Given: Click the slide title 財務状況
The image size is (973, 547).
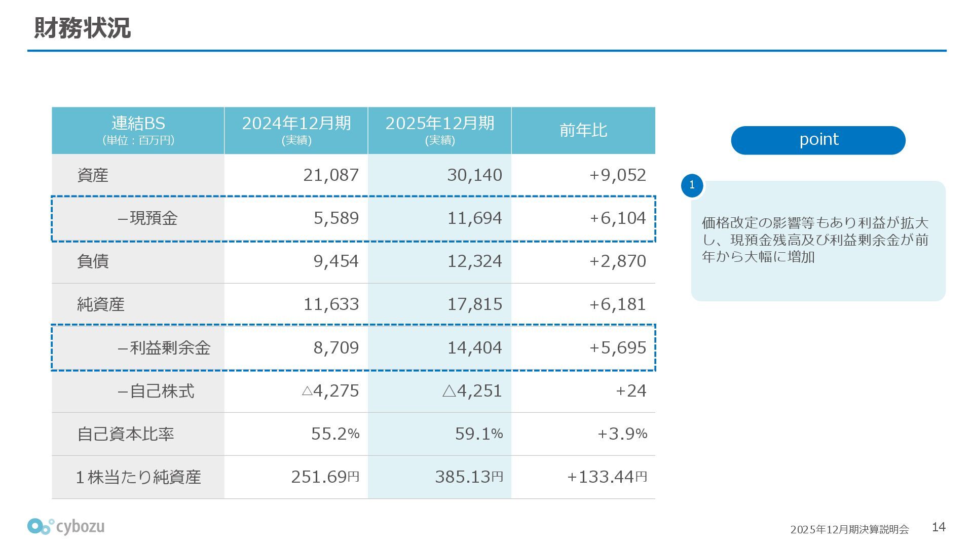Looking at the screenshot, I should [x=82, y=28].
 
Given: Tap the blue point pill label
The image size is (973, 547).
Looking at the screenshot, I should [x=818, y=140].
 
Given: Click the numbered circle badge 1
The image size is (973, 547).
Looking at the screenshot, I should [x=692, y=185].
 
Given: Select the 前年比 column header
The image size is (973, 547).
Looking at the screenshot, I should [x=583, y=130].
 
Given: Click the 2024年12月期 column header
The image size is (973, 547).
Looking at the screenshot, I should [x=296, y=130].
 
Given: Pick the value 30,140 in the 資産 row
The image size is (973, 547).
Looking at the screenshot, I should [x=474, y=175].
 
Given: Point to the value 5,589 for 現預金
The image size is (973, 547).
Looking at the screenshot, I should [x=336, y=218].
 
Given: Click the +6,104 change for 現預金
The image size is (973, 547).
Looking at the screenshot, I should [x=617, y=218].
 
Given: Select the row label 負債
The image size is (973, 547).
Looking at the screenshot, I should [x=93, y=261].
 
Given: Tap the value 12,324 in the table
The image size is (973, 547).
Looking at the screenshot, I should [x=474, y=261].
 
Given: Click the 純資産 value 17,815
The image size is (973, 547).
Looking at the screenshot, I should [x=474, y=304].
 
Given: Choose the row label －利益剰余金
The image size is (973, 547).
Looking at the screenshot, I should [x=163, y=348].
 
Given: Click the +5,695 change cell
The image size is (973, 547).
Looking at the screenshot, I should [x=617, y=348].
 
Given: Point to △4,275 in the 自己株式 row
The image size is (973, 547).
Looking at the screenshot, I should [x=330, y=391].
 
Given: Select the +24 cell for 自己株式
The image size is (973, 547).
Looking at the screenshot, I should [x=630, y=391].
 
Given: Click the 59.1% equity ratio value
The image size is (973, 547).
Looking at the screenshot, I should [x=478, y=434].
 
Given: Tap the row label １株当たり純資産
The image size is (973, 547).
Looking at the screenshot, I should [x=138, y=477].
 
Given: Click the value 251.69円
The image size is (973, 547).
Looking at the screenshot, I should [x=325, y=477].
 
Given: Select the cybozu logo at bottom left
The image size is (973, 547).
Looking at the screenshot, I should [x=66, y=527].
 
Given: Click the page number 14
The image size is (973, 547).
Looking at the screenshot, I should [x=939, y=527].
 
